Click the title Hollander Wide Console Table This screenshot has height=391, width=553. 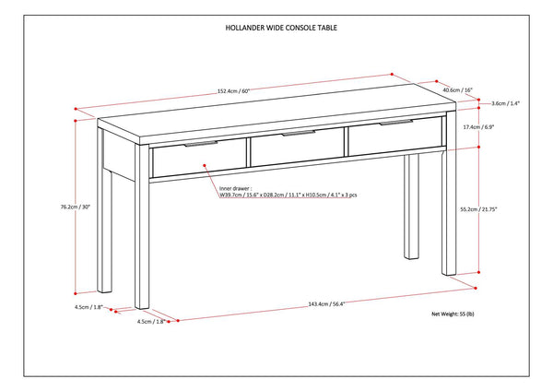[274, 28]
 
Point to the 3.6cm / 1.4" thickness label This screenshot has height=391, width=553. [506, 103]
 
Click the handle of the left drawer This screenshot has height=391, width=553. [201, 144]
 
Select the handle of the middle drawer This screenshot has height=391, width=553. [298, 135]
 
